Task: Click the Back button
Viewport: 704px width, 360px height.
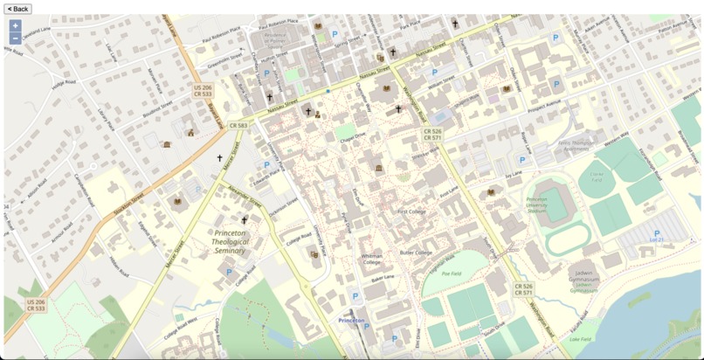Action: click(17, 9)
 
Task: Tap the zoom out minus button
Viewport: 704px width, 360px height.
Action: click(15, 38)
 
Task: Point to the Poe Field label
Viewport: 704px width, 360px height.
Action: click(451, 273)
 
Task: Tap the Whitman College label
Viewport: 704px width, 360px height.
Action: click(371, 259)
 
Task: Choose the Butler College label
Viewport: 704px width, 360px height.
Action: click(416, 253)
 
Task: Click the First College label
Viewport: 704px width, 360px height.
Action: click(411, 211)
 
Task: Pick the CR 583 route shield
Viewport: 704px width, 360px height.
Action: click(238, 126)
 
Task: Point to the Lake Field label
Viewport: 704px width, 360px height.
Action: click(579, 339)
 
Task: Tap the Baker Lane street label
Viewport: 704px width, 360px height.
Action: click(383, 277)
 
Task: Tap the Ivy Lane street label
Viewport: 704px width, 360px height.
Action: click(511, 174)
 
